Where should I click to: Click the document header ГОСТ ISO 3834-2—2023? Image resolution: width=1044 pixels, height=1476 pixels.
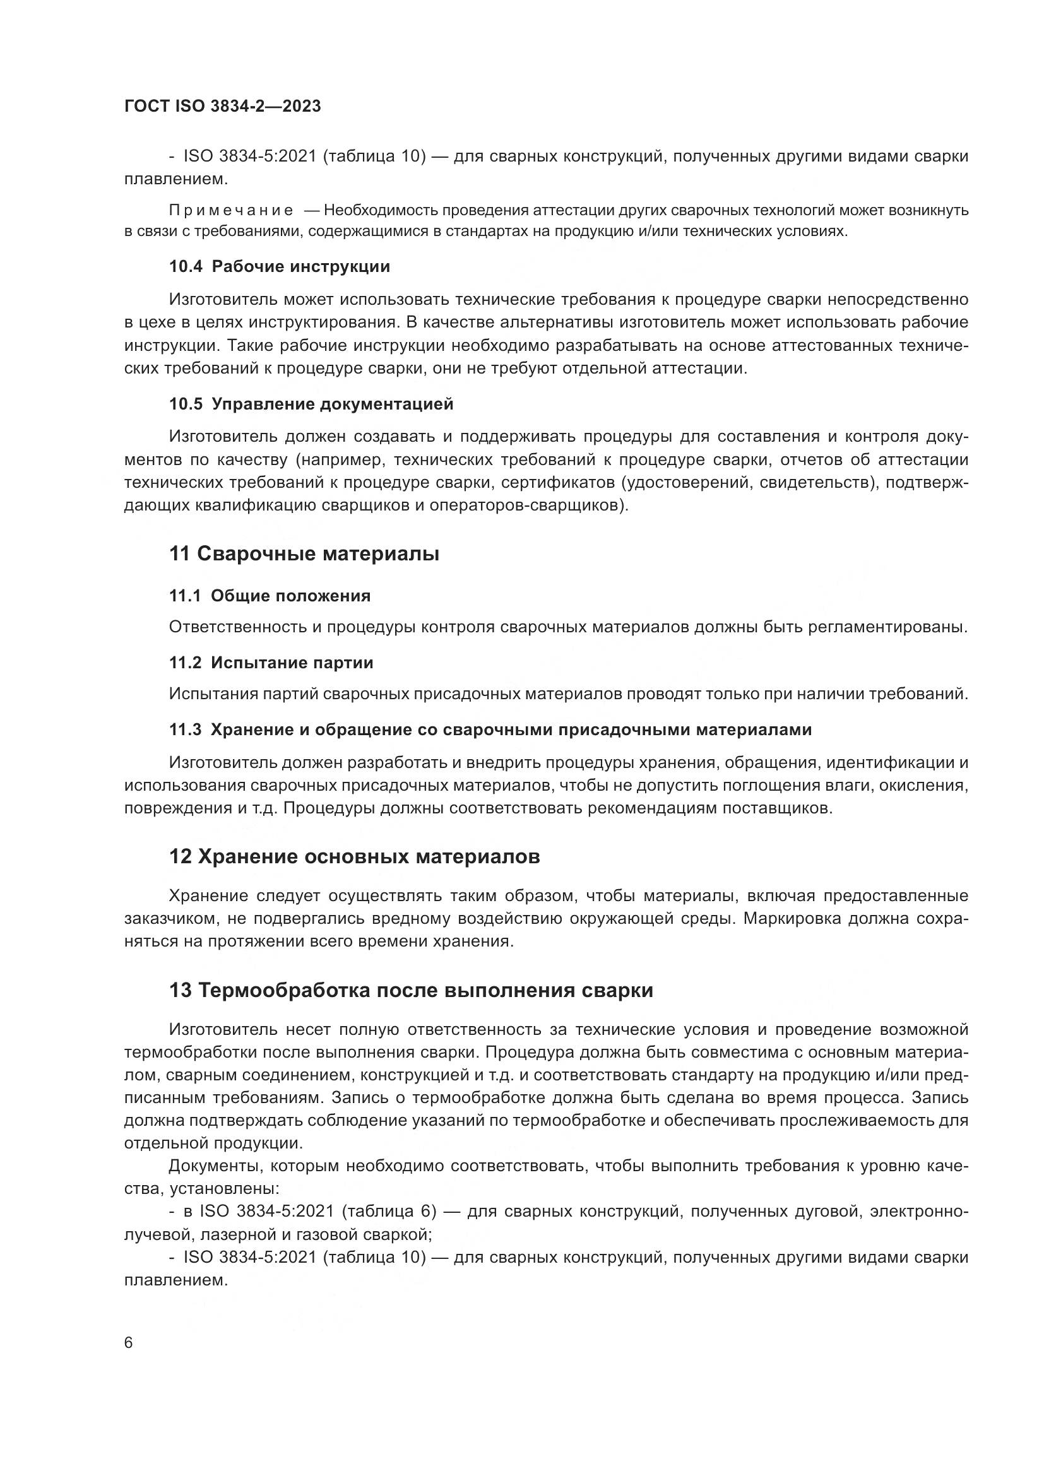(x=222, y=106)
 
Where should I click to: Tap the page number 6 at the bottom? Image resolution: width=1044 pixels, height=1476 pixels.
(x=129, y=1342)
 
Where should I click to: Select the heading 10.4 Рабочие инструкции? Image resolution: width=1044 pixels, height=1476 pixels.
(x=279, y=266)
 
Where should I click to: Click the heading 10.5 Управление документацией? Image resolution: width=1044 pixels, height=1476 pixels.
(x=311, y=404)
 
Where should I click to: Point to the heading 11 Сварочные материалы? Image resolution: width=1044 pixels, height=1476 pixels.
(x=304, y=553)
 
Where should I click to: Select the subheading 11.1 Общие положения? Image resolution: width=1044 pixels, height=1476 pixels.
(x=270, y=596)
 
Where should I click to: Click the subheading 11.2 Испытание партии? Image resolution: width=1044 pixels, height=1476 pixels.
(x=271, y=663)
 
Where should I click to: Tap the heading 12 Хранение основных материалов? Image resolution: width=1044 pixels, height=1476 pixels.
(x=354, y=856)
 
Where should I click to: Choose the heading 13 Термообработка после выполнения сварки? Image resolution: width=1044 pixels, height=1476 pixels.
(x=411, y=990)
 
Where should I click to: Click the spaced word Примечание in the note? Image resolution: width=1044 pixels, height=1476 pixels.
(x=231, y=210)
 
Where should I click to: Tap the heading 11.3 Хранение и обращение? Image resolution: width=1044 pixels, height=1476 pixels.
(x=490, y=729)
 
